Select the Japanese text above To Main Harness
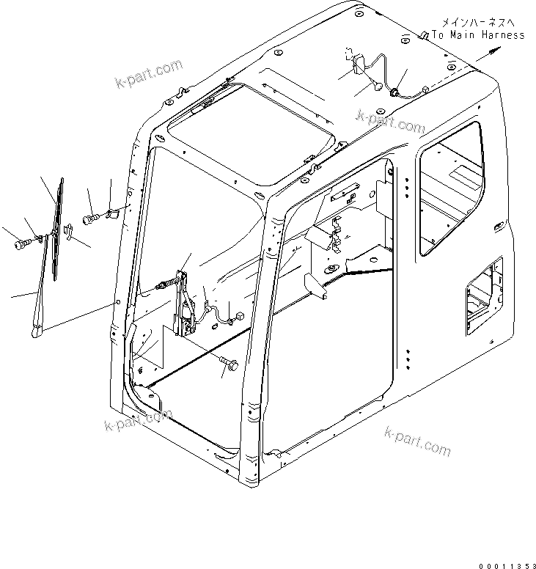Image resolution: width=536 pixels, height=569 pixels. (478, 23)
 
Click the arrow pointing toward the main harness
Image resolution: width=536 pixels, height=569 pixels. (490, 51)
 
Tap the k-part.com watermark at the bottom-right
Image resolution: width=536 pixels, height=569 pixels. (417, 439)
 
